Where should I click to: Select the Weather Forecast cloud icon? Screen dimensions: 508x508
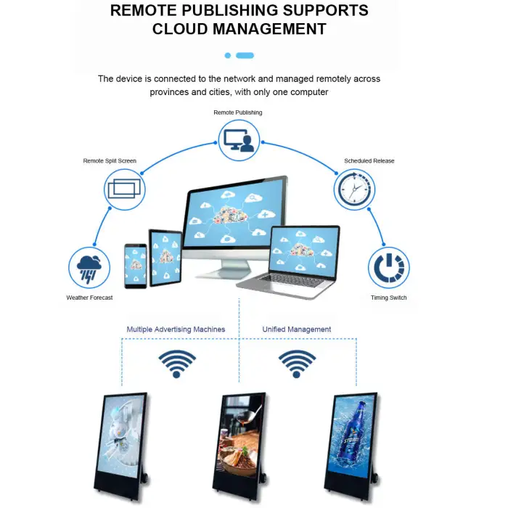click(x=89, y=267)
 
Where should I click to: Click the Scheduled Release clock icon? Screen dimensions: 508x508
click(x=354, y=189)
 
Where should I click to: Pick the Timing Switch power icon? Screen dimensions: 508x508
click(x=388, y=267)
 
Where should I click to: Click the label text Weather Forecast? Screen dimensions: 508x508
click(x=89, y=298)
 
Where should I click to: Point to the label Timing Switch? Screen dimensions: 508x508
click(x=388, y=298)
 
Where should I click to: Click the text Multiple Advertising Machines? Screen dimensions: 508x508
click(x=176, y=329)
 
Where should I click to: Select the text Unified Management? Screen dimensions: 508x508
click(x=296, y=329)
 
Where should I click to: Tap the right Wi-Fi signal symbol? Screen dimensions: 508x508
click(x=297, y=363)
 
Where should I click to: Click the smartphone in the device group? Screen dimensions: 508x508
click(x=135, y=265)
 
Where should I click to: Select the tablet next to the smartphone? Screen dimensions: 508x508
click(x=165, y=258)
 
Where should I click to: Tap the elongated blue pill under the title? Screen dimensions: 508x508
click(x=245, y=55)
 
